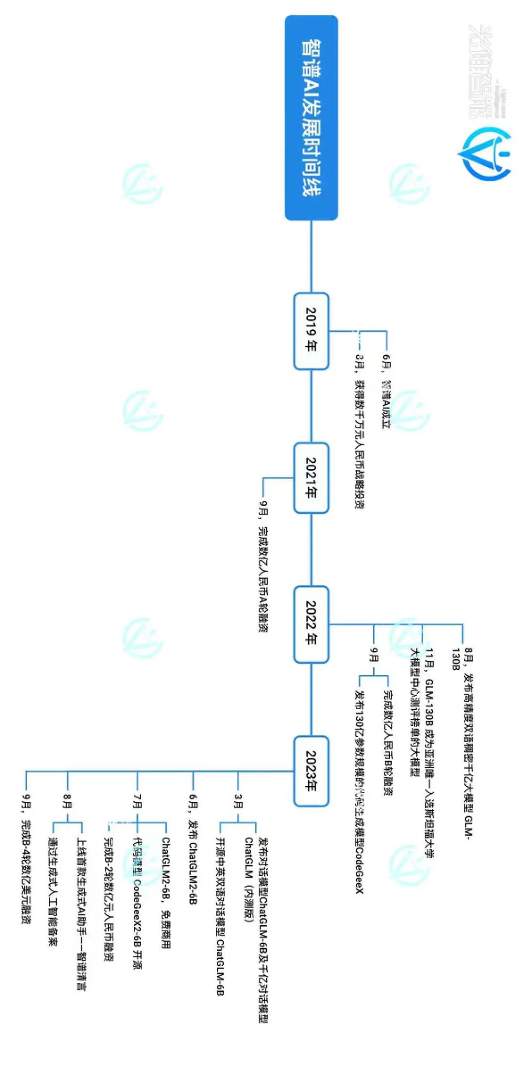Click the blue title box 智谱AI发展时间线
(x=311, y=118)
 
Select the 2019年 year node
(x=311, y=331)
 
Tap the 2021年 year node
(x=311, y=477)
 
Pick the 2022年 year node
(x=311, y=624)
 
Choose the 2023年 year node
(x=311, y=771)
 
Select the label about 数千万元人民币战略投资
(x=360, y=431)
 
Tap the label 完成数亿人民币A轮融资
(x=263, y=567)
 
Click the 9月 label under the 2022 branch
(x=374, y=654)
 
